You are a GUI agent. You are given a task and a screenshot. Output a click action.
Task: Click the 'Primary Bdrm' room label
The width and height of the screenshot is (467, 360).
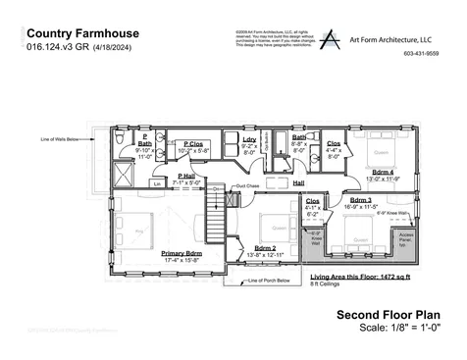pos(182,253)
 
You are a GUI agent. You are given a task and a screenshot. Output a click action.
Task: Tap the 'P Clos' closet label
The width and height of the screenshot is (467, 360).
pos(192,145)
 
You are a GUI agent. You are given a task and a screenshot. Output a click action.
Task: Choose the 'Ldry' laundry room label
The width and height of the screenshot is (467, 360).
pos(248,140)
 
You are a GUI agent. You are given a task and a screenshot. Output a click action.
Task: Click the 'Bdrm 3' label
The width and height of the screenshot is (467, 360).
pos(360,200)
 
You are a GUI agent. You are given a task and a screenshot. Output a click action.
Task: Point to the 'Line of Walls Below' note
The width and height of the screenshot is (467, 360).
pos(58,138)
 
